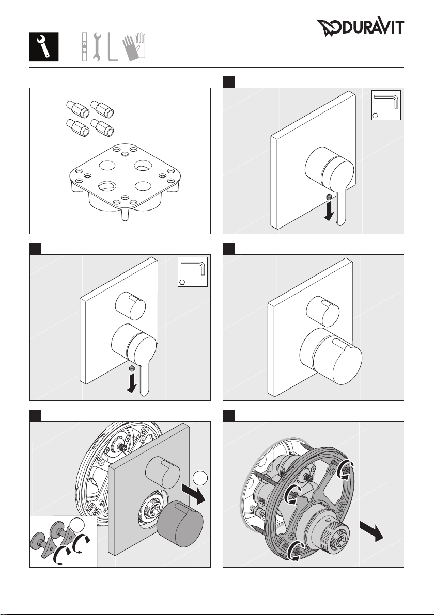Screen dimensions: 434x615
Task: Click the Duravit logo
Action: (x=360, y=27)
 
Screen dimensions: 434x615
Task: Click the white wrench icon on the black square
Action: (x=44, y=46)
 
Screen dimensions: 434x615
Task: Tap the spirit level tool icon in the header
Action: (x=85, y=46)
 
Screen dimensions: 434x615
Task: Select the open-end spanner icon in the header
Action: (x=97, y=46)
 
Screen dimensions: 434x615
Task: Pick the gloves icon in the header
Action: (x=133, y=47)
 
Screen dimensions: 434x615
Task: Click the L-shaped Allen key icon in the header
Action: (x=112, y=46)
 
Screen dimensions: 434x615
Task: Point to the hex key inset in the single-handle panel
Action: (x=386, y=105)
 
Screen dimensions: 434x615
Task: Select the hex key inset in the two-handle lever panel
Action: (x=192, y=272)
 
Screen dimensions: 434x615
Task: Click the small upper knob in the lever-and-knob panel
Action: (x=130, y=305)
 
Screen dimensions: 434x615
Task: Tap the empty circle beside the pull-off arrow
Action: (x=200, y=477)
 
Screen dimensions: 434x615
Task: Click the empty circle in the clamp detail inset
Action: (x=78, y=524)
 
